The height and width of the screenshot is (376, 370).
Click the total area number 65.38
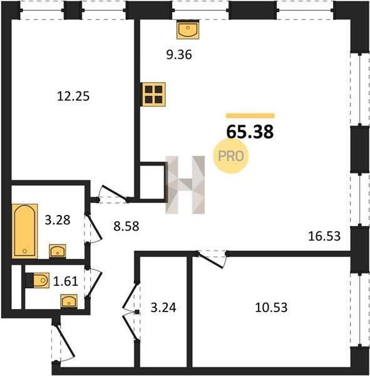(x=250, y=132)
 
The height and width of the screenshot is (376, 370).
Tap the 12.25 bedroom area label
(x=73, y=97)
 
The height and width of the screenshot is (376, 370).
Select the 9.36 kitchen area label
(x=179, y=55)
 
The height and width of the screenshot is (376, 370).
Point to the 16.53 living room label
(x=324, y=236)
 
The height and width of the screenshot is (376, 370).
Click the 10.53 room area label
(x=271, y=308)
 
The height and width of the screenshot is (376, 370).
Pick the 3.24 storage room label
(x=163, y=308)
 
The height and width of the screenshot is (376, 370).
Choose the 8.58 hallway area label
(x=126, y=226)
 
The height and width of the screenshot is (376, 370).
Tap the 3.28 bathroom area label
(x=58, y=220)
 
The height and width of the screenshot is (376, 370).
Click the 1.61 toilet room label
(x=66, y=281)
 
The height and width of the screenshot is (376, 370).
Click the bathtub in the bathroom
(x=24, y=231)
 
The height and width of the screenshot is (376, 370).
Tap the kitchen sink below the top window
(x=188, y=29)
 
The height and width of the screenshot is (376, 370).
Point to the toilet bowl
(x=39, y=280)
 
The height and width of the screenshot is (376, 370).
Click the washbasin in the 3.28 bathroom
(x=58, y=251)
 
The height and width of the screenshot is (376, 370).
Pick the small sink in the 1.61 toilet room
(x=69, y=301)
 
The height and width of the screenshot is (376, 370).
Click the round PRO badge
(x=231, y=156)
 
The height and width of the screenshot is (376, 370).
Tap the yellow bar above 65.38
(x=250, y=115)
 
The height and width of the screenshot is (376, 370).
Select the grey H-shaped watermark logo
(x=185, y=185)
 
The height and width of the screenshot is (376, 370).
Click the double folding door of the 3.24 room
(x=131, y=311)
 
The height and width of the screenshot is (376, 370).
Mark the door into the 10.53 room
(x=212, y=259)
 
